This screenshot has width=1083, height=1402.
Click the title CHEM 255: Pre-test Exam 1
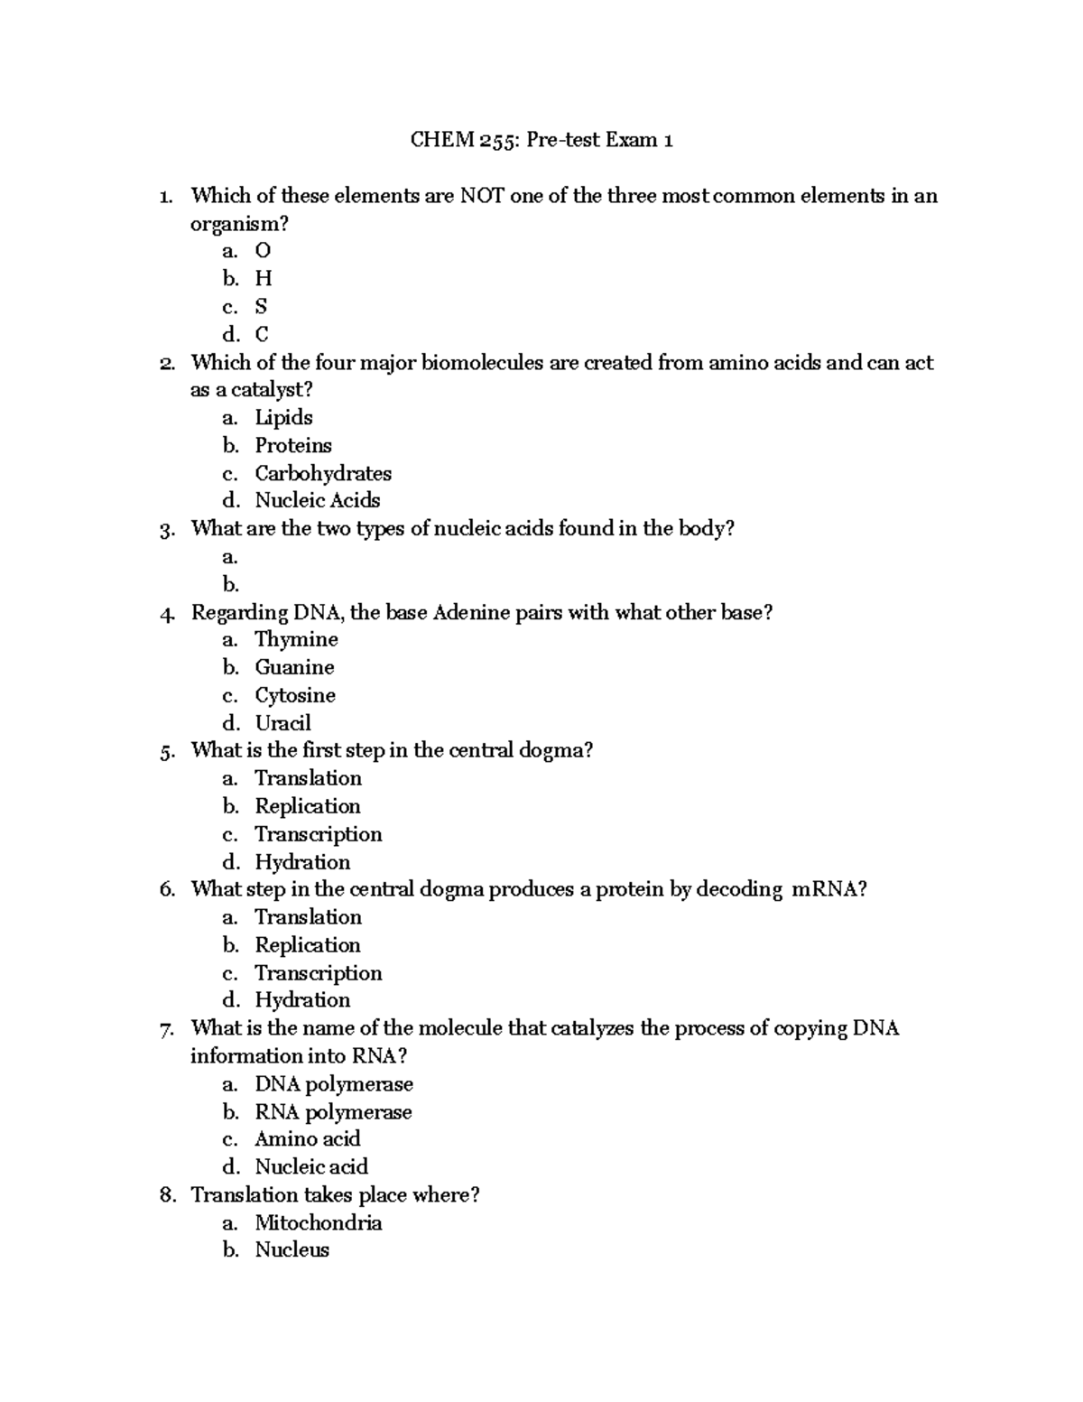coord(541,140)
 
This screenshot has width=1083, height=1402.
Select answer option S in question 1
coord(261,306)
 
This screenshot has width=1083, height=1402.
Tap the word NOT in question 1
coord(483,196)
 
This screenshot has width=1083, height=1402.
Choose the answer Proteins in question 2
coord(292,445)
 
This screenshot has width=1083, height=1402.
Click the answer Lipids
coord(283,417)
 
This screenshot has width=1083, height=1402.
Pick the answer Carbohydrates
coord(322,473)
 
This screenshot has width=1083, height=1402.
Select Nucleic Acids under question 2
coord(317,500)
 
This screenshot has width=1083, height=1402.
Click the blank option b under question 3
coord(231,584)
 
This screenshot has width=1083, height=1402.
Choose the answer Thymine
coord(296,639)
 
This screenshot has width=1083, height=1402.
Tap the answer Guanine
coord(294,667)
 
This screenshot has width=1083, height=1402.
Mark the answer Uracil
coord(282,723)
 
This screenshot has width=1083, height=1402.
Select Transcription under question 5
coord(318,834)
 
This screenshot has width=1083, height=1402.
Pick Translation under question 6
coord(308,917)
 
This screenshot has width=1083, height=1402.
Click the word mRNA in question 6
coord(828,889)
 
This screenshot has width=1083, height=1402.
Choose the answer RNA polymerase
coord(333,1112)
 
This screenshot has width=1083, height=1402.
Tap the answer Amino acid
coord(307,1139)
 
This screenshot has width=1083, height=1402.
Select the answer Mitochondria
coord(318,1223)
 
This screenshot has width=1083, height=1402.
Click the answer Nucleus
coord(292,1250)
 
